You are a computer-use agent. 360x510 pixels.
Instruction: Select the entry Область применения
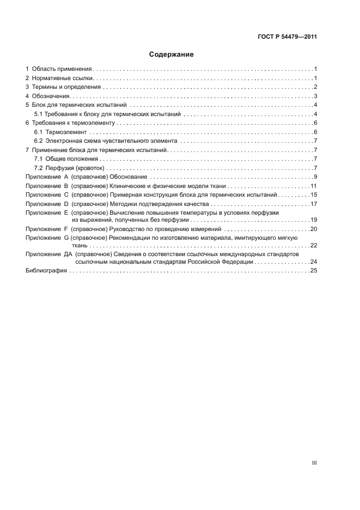click(62, 69)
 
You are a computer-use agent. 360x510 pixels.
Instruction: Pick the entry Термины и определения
click(66, 87)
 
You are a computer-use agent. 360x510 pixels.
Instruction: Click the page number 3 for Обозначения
click(315, 96)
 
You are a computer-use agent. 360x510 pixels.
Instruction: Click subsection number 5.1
click(38, 114)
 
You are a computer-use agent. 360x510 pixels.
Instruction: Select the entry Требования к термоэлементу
click(72, 123)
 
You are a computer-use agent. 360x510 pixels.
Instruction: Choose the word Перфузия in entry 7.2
click(59, 168)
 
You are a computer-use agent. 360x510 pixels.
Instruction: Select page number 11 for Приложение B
click(313, 186)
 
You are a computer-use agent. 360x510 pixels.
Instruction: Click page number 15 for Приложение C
click(313, 195)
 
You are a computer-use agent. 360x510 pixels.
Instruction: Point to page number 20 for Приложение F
click(313, 229)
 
